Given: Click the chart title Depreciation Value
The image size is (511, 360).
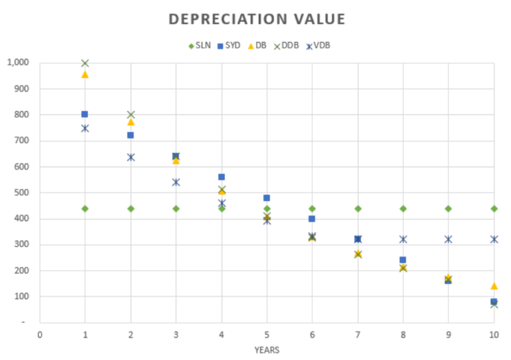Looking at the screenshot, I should (257, 19).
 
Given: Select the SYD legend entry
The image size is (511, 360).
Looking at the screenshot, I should (228, 45).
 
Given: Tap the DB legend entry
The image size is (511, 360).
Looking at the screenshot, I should (257, 45).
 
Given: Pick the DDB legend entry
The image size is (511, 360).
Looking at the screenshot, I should (287, 45).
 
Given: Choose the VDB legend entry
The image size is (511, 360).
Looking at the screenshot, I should (319, 45).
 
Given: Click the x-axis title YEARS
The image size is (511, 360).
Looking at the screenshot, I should (266, 350).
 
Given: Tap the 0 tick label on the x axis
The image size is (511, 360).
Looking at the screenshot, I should (40, 334).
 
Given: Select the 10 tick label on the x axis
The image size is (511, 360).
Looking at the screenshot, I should (494, 334).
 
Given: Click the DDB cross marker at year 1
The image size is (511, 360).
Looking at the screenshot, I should (85, 63).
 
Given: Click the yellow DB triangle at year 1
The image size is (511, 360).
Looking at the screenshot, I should (85, 75).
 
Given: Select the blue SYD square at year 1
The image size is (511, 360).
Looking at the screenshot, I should (85, 114).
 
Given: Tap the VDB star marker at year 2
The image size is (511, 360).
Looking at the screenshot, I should (130, 157).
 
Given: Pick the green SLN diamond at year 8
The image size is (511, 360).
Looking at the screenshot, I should (403, 208).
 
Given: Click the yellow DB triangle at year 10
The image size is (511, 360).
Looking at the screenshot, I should (494, 286).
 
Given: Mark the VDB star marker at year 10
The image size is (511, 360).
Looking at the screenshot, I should (494, 239).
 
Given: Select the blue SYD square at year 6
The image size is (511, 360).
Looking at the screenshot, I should (312, 218).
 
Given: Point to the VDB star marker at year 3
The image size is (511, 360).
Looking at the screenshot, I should (176, 182).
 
